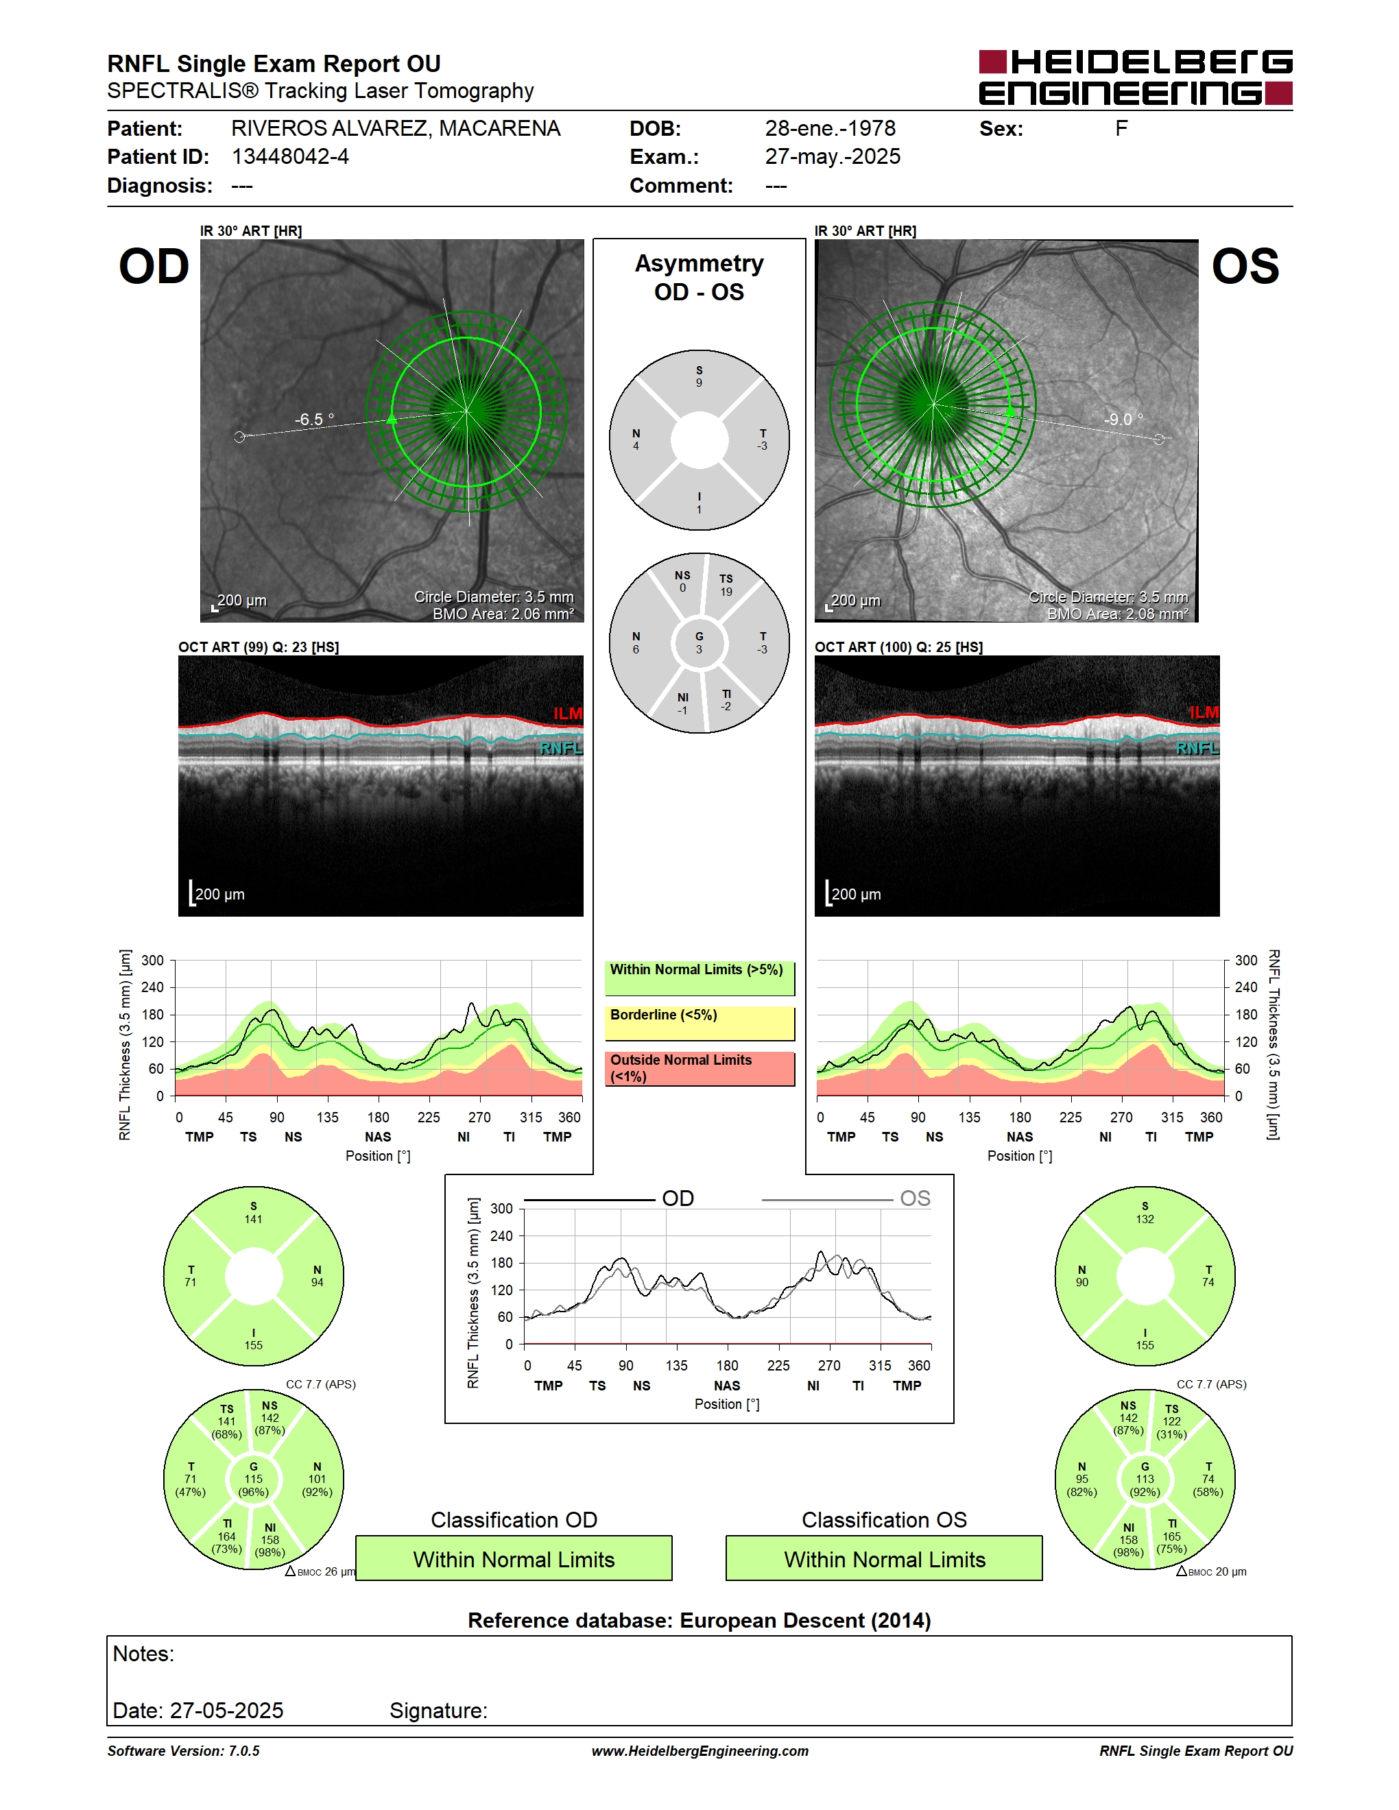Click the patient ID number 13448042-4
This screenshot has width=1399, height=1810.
click(290, 156)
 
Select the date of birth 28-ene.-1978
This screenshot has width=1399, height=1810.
click(830, 128)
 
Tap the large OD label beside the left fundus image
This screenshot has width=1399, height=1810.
click(154, 266)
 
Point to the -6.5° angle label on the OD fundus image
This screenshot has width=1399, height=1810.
click(314, 420)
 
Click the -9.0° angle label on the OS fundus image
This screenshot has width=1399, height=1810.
click(1123, 420)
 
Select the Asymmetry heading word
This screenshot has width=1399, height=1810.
click(699, 263)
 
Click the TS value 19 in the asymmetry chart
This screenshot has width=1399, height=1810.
click(726, 592)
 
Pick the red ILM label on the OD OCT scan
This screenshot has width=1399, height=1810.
click(568, 713)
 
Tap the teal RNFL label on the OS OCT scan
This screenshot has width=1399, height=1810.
click(1197, 749)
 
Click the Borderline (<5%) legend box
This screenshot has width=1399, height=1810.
click(699, 1024)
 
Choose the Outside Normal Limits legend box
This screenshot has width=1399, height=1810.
click(699, 1068)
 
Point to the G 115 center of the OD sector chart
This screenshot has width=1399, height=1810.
click(254, 1480)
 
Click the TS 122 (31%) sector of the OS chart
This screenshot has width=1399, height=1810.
click(1171, 1421)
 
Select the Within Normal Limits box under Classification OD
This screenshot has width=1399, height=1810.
click(514, 1558)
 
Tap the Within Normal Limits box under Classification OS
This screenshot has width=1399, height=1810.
click(885, 1558)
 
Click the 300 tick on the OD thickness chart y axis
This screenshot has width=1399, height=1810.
click(152, 961)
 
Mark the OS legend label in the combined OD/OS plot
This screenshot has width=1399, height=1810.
click(915, 1198)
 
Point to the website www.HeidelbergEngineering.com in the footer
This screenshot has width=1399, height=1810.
click(699, 1751)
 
